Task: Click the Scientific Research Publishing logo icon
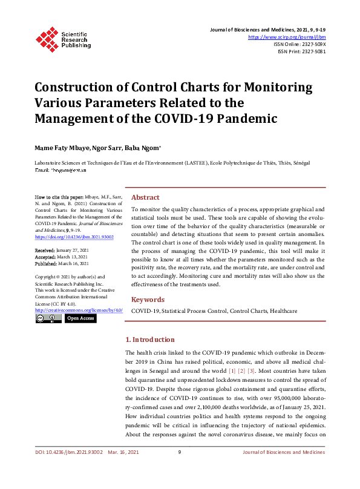[x=46, y=38]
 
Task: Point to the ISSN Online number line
[x=299, y=44]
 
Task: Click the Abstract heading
[x=145, y=197]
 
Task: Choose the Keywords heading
[x=148, y=300]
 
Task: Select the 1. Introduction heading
[x=149, y=340]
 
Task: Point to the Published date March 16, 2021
[x=74, y=263]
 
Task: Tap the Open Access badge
[x=80, y=318]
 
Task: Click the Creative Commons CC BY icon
[x=48, y=318]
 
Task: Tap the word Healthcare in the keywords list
[x=283, y=310]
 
